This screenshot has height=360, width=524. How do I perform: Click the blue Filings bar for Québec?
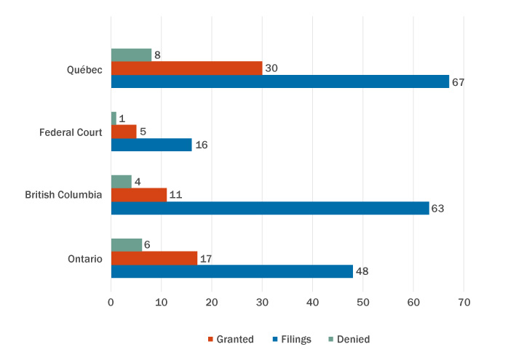[279, 81]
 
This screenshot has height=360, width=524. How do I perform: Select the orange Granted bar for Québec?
[186, 68]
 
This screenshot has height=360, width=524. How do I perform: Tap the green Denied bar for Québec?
[131, 55]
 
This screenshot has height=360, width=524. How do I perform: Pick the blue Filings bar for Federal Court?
[151, 145]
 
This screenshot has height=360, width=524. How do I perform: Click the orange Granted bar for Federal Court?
[124, 132]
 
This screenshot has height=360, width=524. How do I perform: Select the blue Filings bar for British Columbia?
[269, 208]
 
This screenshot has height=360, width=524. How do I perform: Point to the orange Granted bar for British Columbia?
[138, 195]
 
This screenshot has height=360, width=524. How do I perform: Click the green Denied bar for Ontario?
[126, 245]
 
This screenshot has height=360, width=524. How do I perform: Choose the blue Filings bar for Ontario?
[231, 271]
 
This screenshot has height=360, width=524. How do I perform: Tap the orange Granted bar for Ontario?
[154, 258]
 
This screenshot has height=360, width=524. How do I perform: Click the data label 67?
[458, 82]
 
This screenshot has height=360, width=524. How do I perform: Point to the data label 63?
[437, 209]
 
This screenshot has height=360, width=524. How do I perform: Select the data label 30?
[271, 68]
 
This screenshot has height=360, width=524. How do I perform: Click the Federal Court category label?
[71, 132]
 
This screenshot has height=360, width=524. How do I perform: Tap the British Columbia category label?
[63, 195]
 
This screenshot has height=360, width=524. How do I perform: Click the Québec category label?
[84, 69]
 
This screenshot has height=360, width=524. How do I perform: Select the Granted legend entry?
[231, 339]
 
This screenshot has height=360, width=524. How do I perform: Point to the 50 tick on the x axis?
[363, 301]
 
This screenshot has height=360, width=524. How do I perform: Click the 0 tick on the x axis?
[111, 301]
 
